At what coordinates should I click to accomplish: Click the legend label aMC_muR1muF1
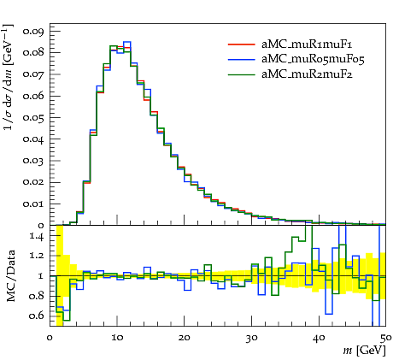coord(307,44)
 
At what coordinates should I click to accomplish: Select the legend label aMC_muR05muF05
coord(313,59)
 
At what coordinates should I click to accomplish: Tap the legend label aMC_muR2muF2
coord(307,74)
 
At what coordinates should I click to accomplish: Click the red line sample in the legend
coord(241,44)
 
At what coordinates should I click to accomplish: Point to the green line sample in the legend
coord(241,74)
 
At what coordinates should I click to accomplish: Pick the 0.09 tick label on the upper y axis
coord(33,31)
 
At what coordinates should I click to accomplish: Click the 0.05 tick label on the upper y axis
coord(33,118)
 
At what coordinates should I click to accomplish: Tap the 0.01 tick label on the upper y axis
coord(33,204)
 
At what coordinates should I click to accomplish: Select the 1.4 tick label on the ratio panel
coord(37,236)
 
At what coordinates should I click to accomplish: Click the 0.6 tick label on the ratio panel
coord(37,316)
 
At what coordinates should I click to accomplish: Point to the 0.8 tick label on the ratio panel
coord(37,296)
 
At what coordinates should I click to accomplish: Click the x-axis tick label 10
coord(117,338)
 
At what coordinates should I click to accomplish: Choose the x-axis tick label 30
coord(251,338)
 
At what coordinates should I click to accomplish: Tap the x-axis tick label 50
coord(385,338)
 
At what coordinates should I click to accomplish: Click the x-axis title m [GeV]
coord(365,351)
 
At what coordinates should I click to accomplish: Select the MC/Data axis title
coord(10,276)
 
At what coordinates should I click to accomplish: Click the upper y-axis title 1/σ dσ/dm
coord(9,77)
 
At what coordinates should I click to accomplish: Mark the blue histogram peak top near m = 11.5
coord(127,42)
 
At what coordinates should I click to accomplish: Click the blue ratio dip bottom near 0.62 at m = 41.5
coord(329,314)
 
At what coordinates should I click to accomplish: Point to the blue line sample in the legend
coord(241,59)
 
